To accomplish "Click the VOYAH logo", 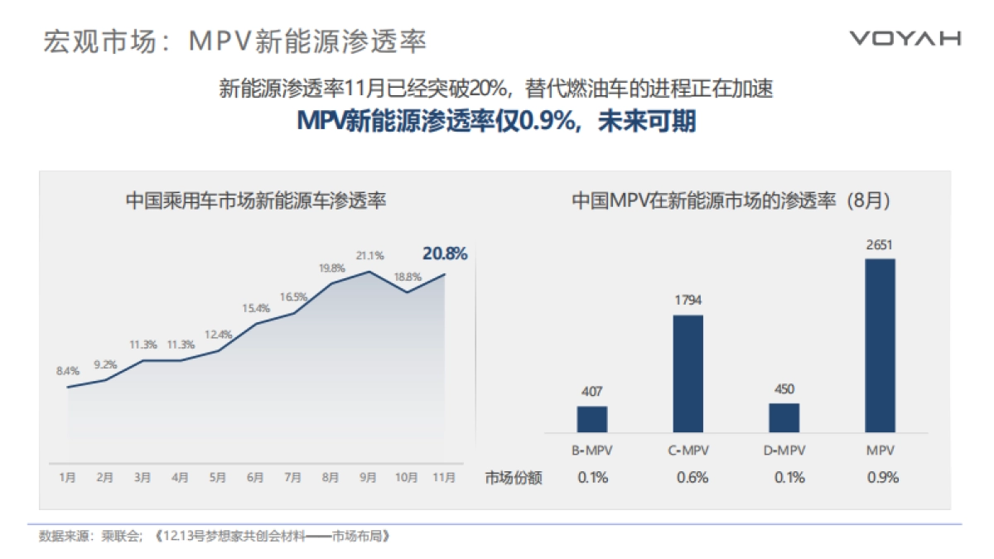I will coord(905,38).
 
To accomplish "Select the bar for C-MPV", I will coord(688,373).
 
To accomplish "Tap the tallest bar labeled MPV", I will coord(880,345).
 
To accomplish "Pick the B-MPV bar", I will coord(592,419).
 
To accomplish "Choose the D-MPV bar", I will coord(784,417).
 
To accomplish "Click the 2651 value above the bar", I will coord(880,245).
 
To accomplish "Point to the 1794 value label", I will coord(688,301).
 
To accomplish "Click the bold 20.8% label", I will coord(445,253).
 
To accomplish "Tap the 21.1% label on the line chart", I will coord(370,256).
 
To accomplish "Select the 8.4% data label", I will coord(67,371).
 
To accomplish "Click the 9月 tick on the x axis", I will coord(369,477).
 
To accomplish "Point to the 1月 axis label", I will coord(67,477).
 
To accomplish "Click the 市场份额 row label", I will coord(514,478).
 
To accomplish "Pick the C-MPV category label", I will coord(688,451).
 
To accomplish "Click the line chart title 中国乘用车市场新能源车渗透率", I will coord(256,200).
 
